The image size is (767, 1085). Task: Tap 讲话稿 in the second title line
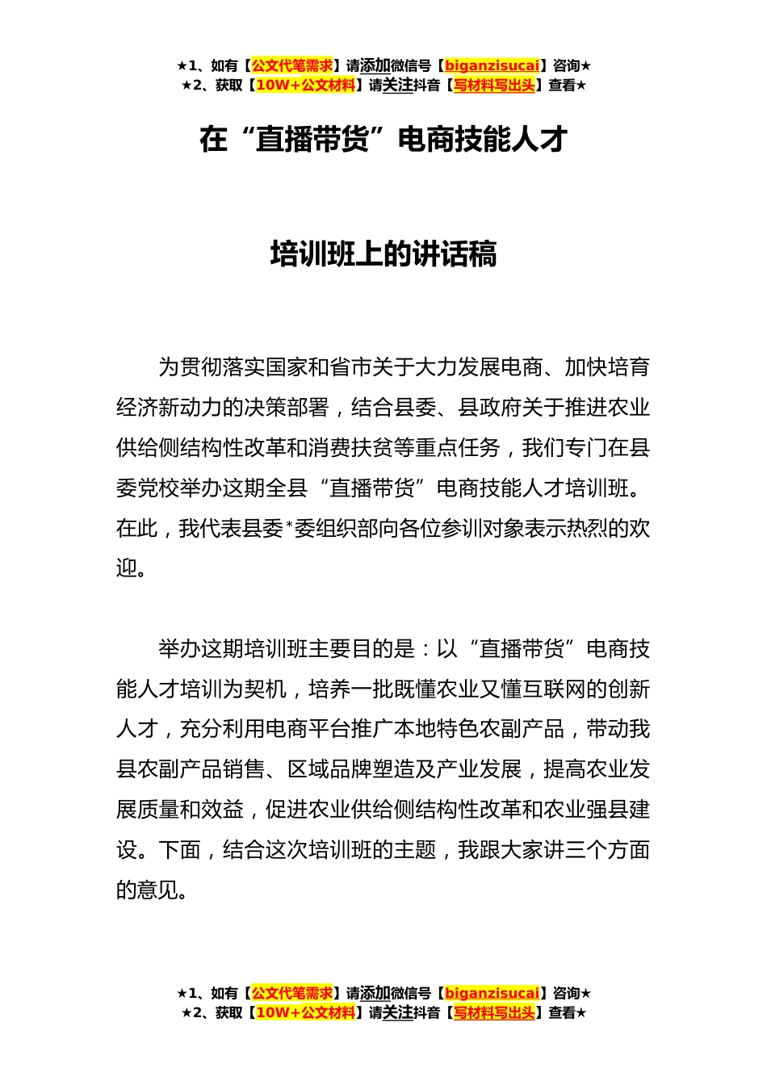pos(464,254)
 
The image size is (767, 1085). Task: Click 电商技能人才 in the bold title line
pos(483,140)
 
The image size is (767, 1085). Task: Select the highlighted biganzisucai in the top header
pos(492,65)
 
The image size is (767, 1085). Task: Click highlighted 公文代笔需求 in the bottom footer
pos(291,993)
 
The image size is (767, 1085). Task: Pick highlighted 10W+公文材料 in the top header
pos(305,85)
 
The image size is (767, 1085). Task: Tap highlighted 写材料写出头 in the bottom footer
pos(494,1012)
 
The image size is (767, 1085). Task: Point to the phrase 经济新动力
pos(169,408)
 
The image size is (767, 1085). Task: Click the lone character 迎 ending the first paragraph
pos(127,568)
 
